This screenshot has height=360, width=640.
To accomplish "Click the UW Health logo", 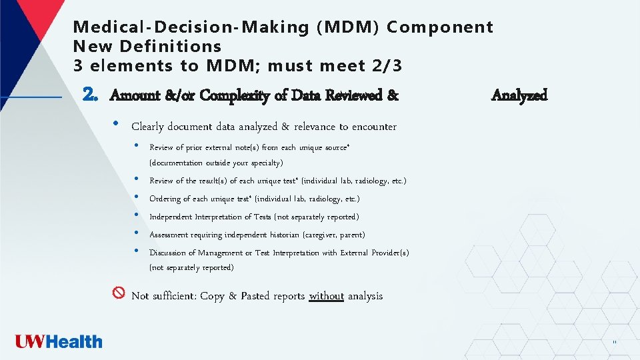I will pos(59,342).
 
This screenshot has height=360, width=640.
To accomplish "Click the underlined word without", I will pos(327,296).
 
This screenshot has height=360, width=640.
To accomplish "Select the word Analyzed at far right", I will pos(519,95).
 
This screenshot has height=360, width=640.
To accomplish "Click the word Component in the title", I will pos(440,27).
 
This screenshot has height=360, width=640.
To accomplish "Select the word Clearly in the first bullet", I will pos(150,127).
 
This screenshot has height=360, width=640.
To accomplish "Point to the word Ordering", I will pos(165,199).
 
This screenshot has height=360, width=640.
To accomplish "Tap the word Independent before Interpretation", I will pos(170,217).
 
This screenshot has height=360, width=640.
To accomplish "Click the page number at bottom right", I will pos(614,343).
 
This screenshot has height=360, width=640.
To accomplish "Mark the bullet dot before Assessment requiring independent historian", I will pos(136,233).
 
